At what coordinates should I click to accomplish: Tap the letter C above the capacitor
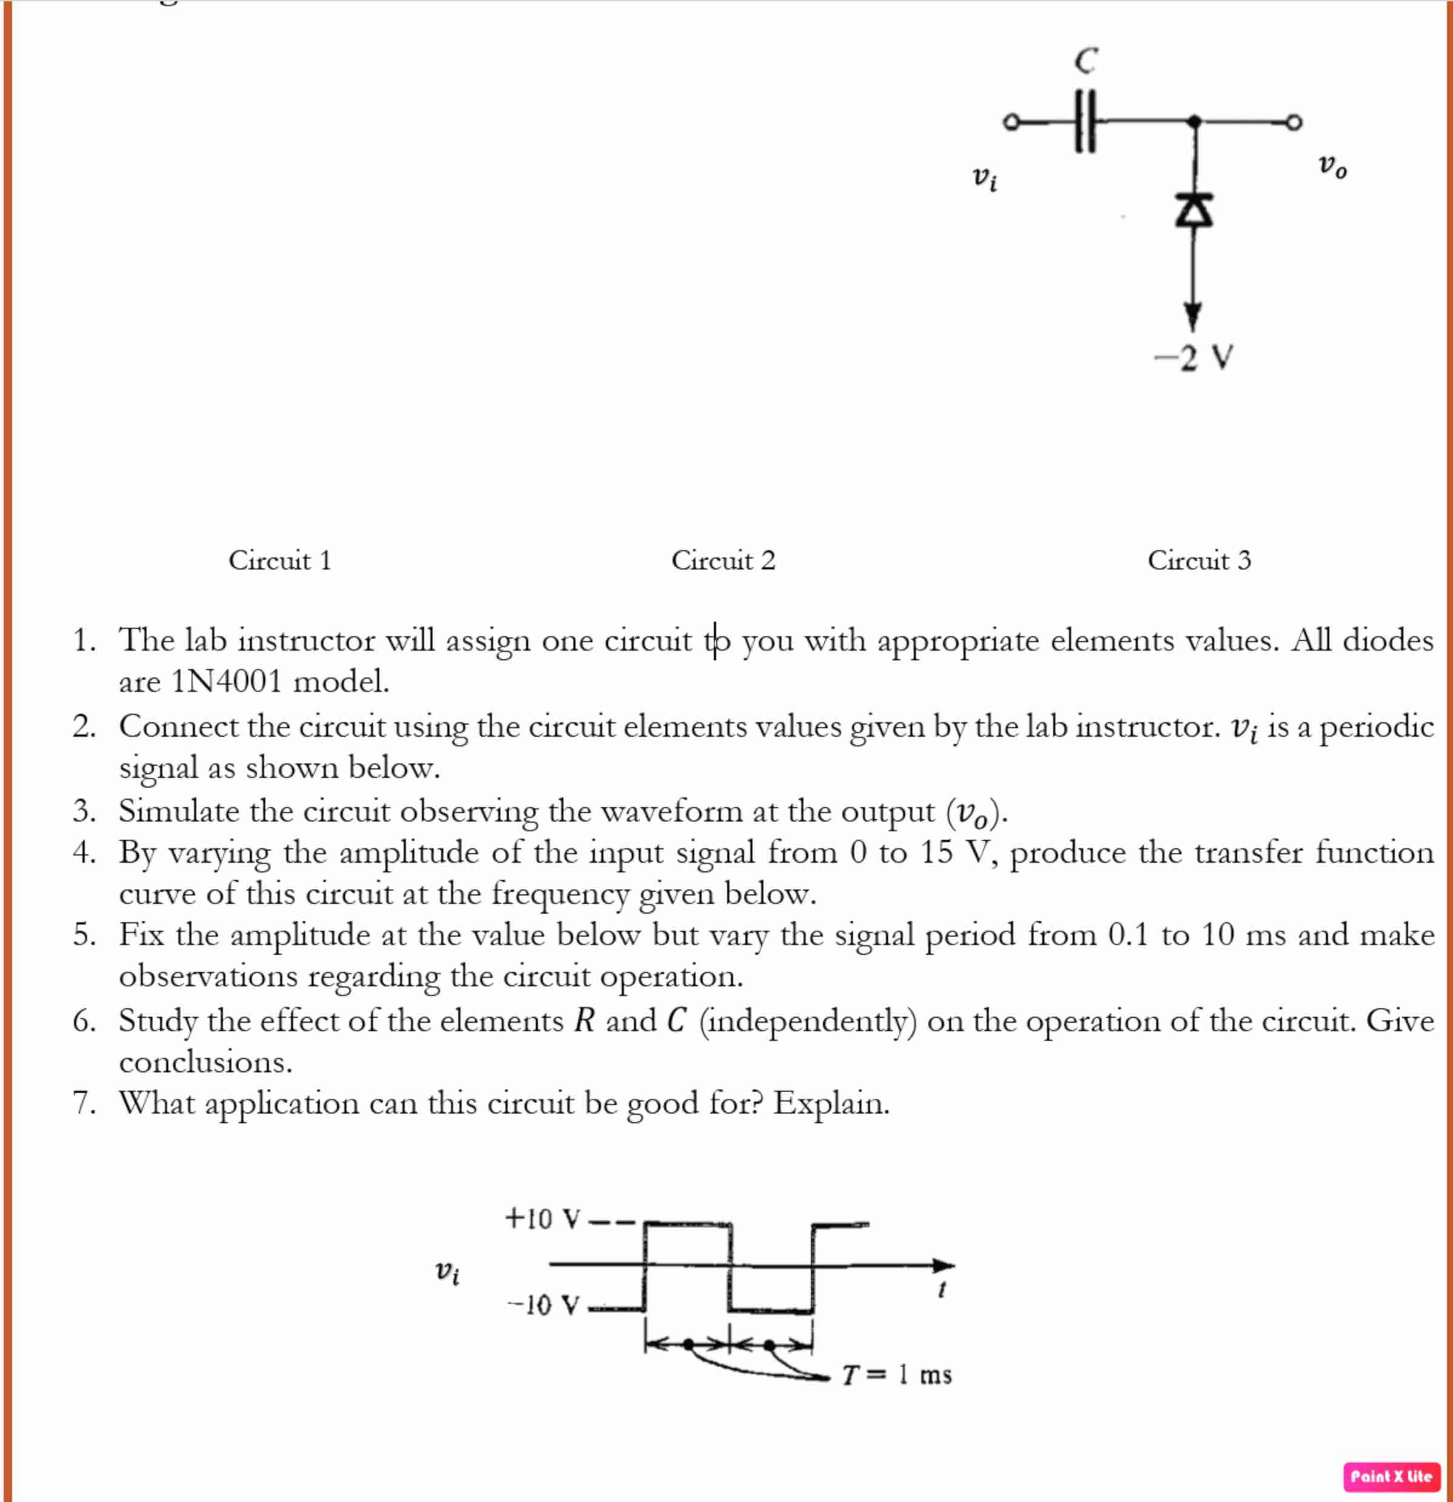pyautogui.click(x=1086, y=61)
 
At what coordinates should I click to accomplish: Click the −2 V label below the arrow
pyautogui.click(x=1194, y=357)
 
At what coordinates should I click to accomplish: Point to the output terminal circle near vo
pyautogui.click(x=1294, y=122)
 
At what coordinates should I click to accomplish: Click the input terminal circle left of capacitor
pyautogui.click(x=1011, y=122)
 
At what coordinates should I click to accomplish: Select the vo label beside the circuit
pyautogui.click(x=1332, y=165)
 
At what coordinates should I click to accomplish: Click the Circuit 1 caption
pyautogui.click(x=280, y=560)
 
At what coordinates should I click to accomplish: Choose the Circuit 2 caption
pyautogui.click(x=723, y=560)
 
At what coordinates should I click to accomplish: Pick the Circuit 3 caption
pyautogui.click(x=1199, y=560)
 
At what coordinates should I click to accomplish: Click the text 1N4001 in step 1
pyautogui.click(x=227, y=681)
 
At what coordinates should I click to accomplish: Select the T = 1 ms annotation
pyautogui.click(x=897, y=1375)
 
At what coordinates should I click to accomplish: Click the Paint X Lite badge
pyautogui.click(x=1391, y=1476)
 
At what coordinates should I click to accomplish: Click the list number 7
pyautogui.click(x=84, y=1103)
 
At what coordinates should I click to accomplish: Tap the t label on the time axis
pyautogui.click(x=942, y=1290)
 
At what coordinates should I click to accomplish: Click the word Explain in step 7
pyautogui.click(x=831, y=1103)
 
